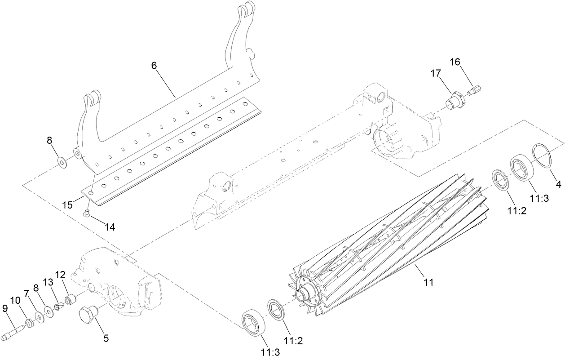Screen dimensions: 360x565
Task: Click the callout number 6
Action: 154,65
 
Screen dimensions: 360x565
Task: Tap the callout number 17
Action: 435,73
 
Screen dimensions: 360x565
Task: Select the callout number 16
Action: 455,62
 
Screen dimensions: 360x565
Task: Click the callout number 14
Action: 110,227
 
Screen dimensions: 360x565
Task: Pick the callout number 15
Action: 67,204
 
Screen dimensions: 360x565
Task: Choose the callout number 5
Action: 106,338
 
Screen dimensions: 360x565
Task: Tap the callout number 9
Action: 5,308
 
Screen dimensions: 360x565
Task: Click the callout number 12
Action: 60,274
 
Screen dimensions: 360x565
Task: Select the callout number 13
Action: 48,282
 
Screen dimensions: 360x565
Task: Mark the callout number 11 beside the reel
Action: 428,282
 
